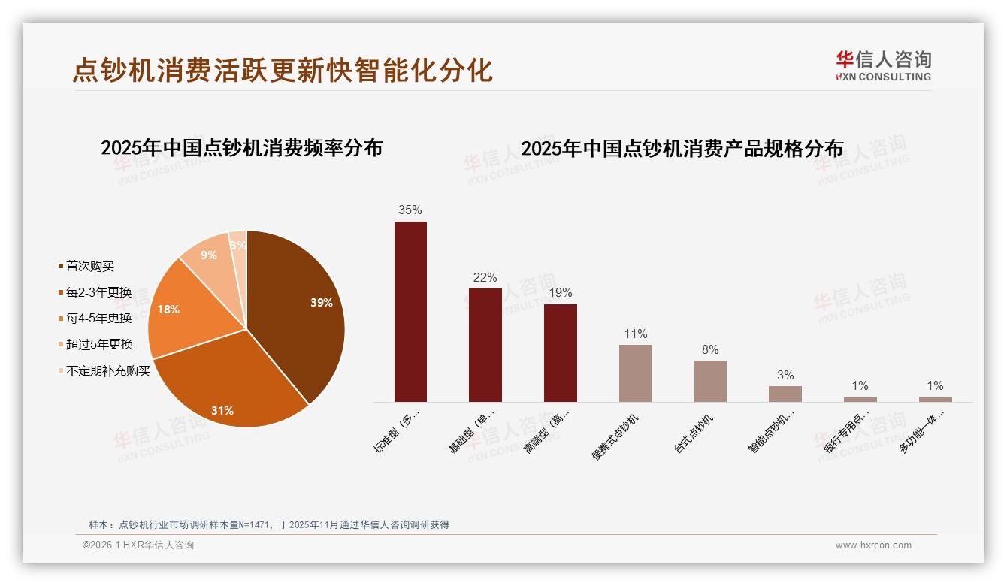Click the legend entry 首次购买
pos(89,267)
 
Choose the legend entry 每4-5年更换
pos(98,319)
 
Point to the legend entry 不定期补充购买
pos(107,371)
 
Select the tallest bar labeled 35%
pos(410,312)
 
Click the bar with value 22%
pos(485,345)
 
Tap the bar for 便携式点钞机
pos(635,373)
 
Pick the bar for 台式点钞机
pos(710,381)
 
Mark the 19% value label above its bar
pos(561,293)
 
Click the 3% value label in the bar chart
pos(785,376)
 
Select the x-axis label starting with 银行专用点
pos(847,433)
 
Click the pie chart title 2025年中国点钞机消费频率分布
pos(241,148)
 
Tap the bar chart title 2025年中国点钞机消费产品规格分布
pos(682,149)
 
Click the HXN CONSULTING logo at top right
pos(883,66)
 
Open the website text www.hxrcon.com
pos(873,545)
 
